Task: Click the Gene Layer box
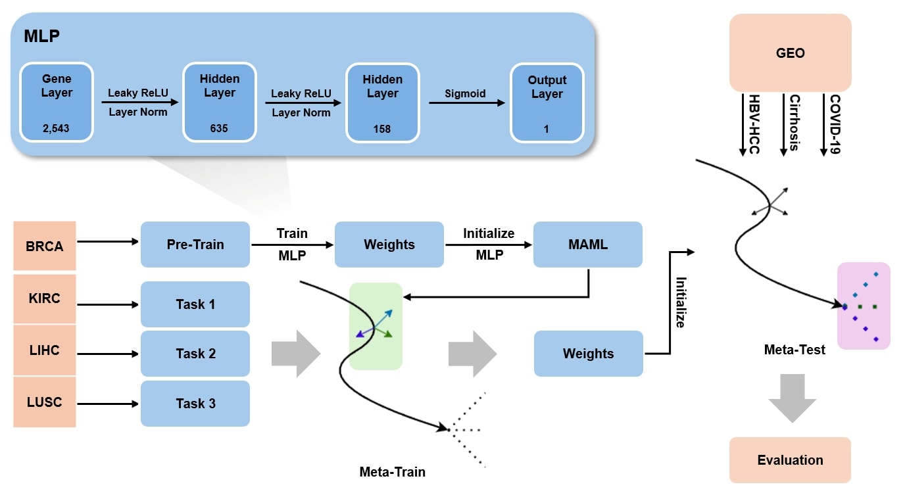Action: pos(57,102)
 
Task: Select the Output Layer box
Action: pos(547,102)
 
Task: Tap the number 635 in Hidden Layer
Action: pos(219,129)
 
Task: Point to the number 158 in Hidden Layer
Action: pos(382,129)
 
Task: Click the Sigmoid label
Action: pos(465,93)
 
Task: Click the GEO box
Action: pos(790,53)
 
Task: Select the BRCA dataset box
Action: pos(45,246)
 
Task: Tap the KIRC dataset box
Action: pos(45,298)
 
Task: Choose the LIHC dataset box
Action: pos(45,350)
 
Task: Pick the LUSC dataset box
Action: pos(45,402)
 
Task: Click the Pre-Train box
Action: pos(195,245)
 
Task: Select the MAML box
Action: pos(588,245)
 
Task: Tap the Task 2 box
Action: pos(195,354)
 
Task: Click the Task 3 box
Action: pos(195,404)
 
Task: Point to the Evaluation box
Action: pos(790,460)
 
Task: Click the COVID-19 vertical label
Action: pos(835,125)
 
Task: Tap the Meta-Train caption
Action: pos(392,472)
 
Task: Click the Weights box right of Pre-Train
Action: pos(389,245)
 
